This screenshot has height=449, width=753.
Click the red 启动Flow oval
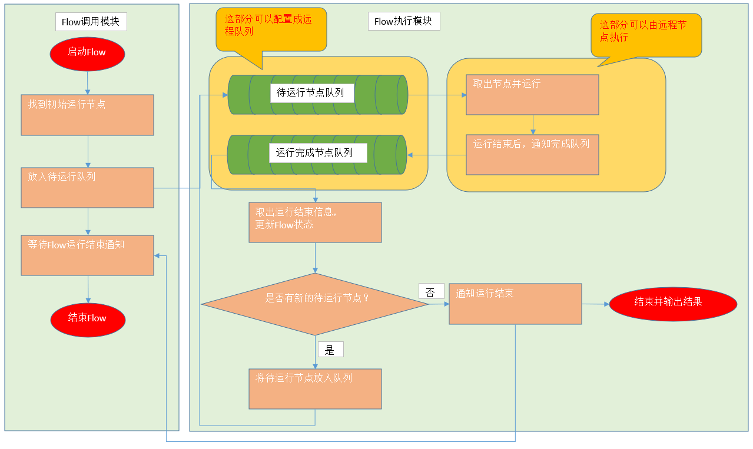click(x=87, y=52)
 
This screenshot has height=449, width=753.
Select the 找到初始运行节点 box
click(x=87, y=115)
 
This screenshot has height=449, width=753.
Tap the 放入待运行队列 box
click(x=87, y=187)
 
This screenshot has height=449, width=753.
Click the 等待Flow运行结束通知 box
click(x=87, y=255)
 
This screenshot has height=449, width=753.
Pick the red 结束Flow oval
click(x=87, y=318)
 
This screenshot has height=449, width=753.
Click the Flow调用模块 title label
click(x=91, y=22)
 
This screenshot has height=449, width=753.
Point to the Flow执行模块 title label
click(x=403, y=21)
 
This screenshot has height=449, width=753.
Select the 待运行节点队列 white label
click(x=312, y=93)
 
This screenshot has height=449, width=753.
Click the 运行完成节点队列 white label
click(x=318, y=153)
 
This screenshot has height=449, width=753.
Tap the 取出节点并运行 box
click(x=532, y=94)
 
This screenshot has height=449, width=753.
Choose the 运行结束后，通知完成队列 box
click(x=532, y=155)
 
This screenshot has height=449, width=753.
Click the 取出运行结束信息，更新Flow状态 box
click(x=315, y=222)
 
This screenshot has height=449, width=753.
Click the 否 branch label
click(x=431, y=291)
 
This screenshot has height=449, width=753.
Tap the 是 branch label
click(x=330, y=350)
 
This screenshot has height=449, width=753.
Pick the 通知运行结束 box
click(x=515, y=304)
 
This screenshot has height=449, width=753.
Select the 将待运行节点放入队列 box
click(x=315, y=388)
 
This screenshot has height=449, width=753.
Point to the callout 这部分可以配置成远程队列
click(x=271, y=29)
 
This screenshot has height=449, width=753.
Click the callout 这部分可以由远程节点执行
click(x=646, y=35)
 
